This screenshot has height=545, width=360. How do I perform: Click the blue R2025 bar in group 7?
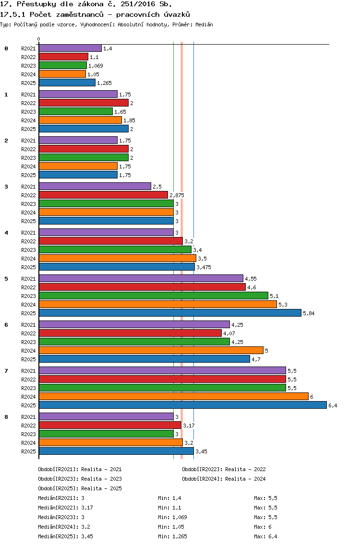[183, 405]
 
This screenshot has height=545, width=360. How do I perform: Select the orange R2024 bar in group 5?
[158, 304]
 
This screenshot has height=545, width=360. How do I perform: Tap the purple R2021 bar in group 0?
[70, 48]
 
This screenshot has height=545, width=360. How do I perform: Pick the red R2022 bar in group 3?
[103, 195]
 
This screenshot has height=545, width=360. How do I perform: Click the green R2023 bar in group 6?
[134, 342]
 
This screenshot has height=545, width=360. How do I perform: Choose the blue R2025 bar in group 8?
[116, 451]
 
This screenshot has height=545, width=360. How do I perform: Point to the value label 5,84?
[309, 313]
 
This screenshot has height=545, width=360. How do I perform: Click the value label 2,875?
[177, 195]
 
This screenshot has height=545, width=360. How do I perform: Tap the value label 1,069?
[96, 66]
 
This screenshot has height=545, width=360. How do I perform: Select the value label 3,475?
[204, 267]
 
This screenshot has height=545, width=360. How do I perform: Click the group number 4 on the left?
[6, 233]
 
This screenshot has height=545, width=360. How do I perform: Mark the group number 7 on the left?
[6, 371]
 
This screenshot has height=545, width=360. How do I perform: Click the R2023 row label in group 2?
[28, 158]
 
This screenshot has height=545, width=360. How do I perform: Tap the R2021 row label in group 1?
[28, 95]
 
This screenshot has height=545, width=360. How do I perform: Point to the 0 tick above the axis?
[38, 39]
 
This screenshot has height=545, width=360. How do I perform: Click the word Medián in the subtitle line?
[204, 24]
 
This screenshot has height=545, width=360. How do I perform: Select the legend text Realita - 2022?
[246, 469]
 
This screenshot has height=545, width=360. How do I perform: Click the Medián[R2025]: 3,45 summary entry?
[65, 536]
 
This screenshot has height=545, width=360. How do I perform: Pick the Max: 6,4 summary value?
[265, 536]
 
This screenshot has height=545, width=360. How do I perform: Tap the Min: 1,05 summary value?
[171, 527]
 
